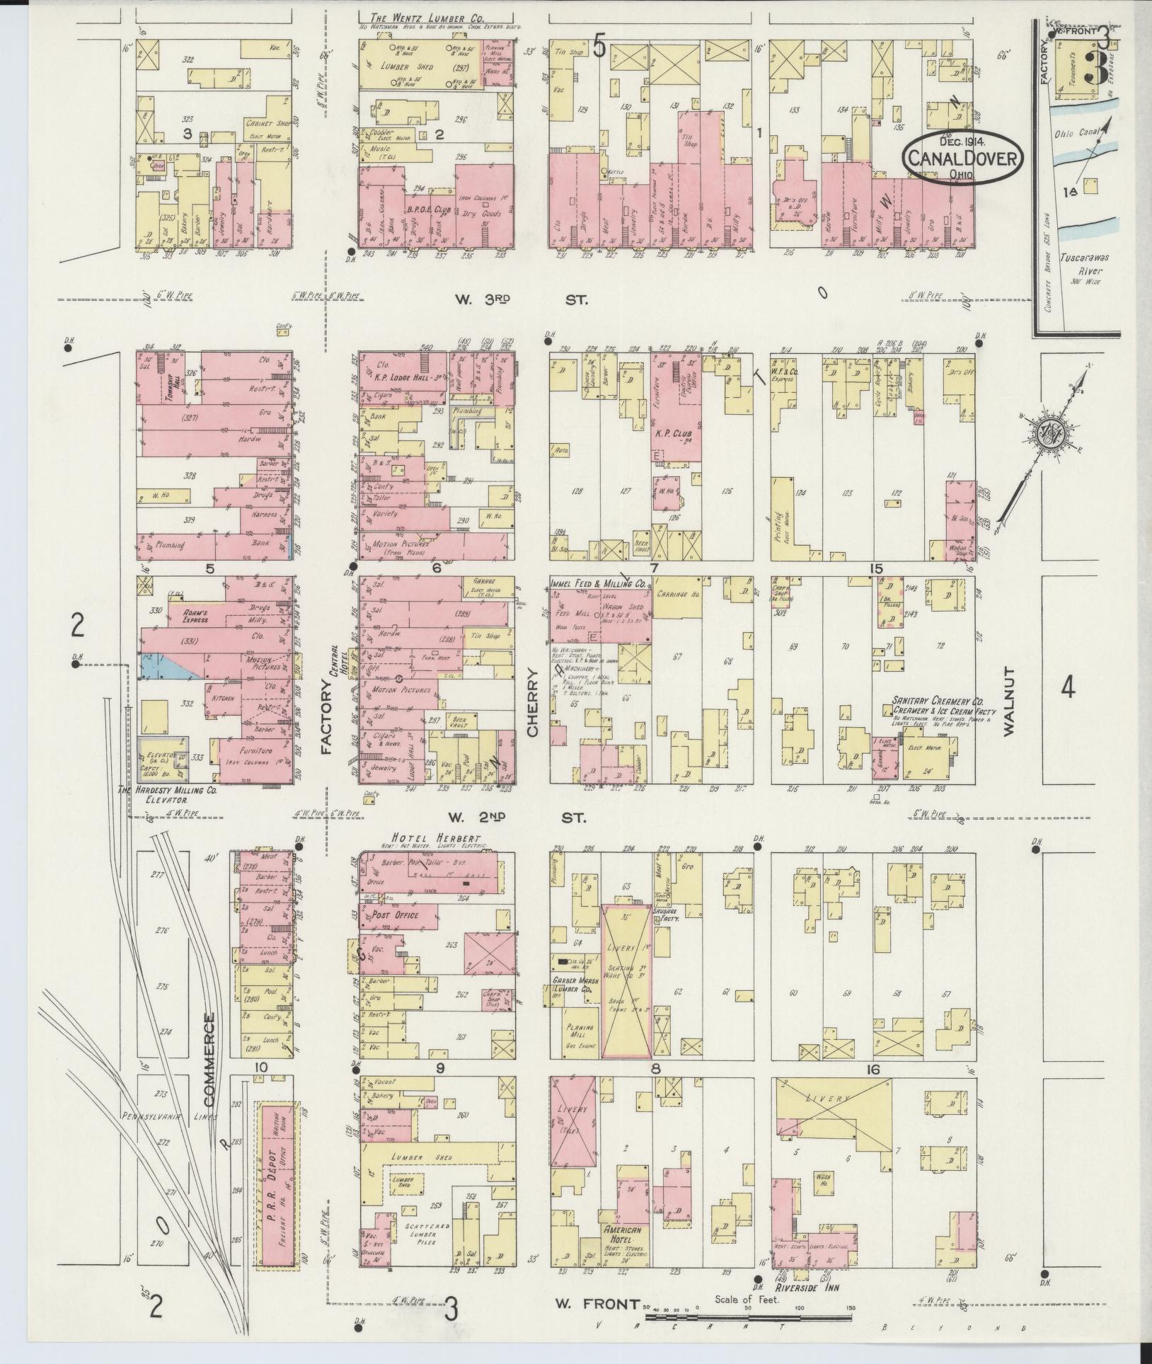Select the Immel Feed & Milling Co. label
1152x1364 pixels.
(x=598, y=584)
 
